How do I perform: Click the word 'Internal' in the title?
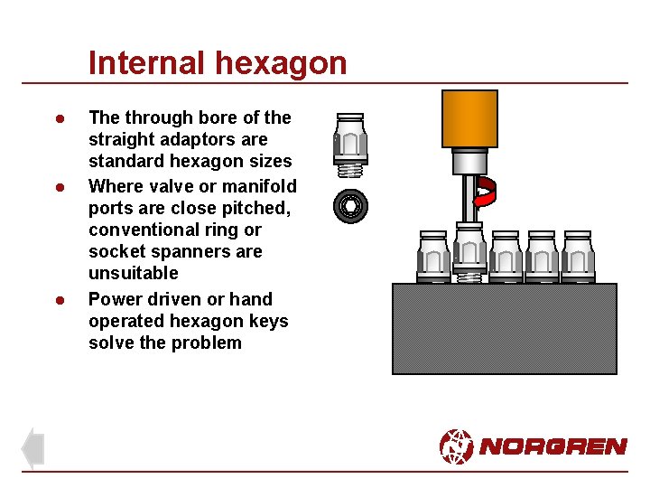[148, 63]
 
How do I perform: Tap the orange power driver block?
[469, 118]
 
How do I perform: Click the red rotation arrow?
[486, 192]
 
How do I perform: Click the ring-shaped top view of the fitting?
[349, 206]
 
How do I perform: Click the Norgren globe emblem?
[456, 446]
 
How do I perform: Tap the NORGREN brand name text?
[552, 446]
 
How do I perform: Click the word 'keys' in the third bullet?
[268, 321]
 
